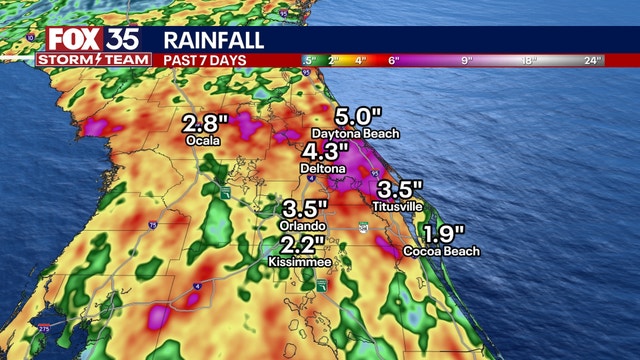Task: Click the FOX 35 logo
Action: [84, 39]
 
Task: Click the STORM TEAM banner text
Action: [84, 60]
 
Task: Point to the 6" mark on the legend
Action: [394, 60]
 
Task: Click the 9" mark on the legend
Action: [466, 60]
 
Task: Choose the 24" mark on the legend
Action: [593, 60]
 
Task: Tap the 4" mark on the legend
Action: [360, 60]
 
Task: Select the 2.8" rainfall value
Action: [206, 124]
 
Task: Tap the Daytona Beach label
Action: [355, 133]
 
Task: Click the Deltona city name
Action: [324, 170]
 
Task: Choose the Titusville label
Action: [400, 206]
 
